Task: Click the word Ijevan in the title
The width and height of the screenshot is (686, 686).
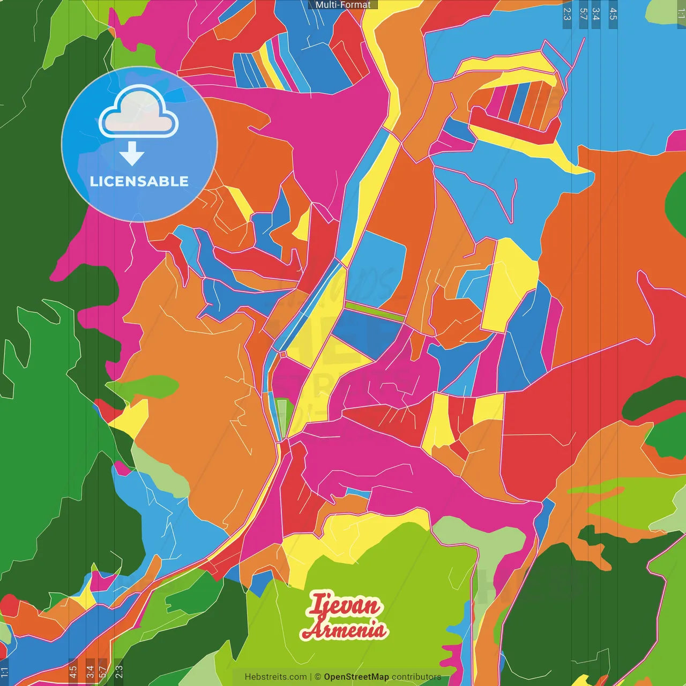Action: click(344, 606)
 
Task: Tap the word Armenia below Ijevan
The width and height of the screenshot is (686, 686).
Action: click(344, 629)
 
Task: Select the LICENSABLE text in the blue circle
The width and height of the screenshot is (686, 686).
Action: click(139, 181)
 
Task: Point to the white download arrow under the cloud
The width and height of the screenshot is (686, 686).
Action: click(132, 154)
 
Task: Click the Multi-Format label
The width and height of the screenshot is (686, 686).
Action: click(343, 5)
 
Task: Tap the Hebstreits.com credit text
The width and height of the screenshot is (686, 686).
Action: click(275, 677)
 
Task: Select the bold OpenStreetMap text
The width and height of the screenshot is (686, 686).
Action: click(356, 677)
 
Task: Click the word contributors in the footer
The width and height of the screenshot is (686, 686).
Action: click(416, 677)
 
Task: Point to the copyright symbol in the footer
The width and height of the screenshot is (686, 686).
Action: click(318, 677)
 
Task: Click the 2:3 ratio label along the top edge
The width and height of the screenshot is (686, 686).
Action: click(567, 14)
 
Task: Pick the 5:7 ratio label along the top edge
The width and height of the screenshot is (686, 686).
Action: click(583, 14)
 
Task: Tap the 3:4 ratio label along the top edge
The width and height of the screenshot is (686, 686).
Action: click(596, 14)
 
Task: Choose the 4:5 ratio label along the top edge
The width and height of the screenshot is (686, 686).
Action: click(613, 14)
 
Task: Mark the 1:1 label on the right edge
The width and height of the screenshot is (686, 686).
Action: click(681, 14)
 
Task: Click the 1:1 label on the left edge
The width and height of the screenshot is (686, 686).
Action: click(5, 672)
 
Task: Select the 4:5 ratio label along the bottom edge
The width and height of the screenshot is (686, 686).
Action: click(73, 672)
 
